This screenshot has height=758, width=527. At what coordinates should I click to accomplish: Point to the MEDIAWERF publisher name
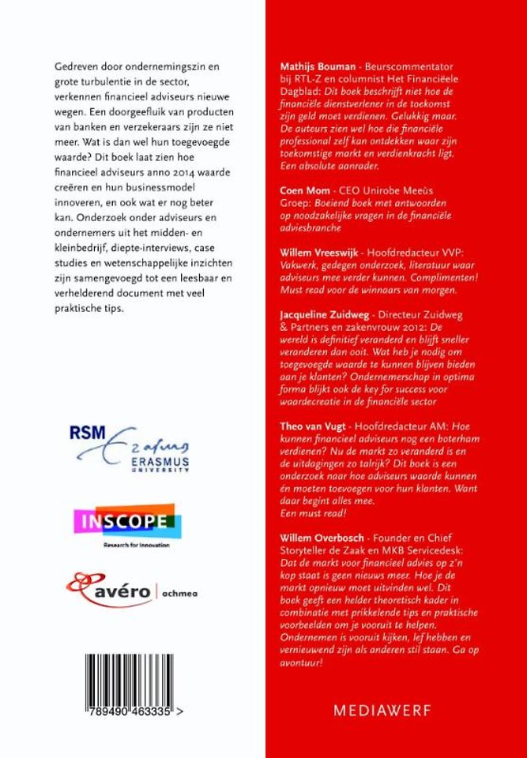coord(382,710)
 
